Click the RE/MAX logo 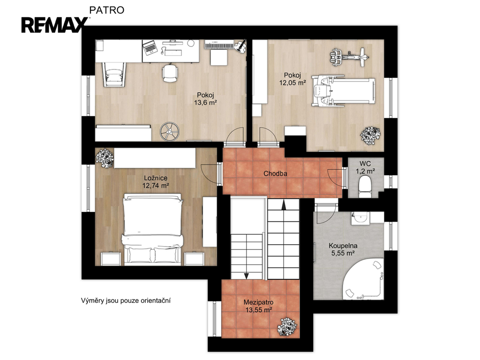click(54, 25)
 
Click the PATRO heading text click(106, 10)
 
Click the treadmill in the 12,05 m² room click(343, 91)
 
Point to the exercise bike click(349, 57)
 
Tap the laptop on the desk click(150, 48)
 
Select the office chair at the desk click(170, 73)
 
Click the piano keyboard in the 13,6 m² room click(219, 45)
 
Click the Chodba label click(275, 173)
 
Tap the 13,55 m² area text click(259, 310)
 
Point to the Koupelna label click(343, 246)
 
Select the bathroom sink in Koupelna click(360, 218)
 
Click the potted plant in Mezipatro click(287, 327)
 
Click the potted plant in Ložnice click(105, 157)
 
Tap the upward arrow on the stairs click(284, 204)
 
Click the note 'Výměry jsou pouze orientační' click(126, 300)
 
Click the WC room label click(365, 164)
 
